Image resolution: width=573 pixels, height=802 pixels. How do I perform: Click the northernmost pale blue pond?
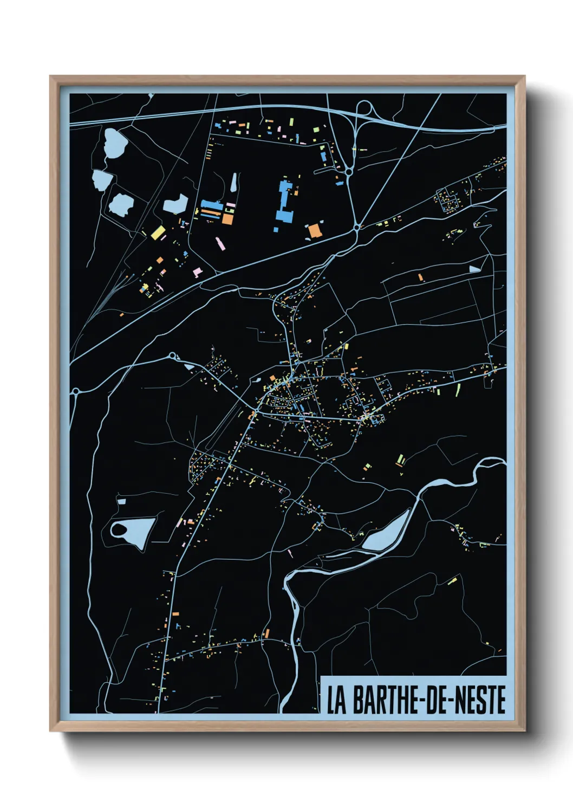point(115,143)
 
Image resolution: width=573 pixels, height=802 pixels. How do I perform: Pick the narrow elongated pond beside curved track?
point(234,183)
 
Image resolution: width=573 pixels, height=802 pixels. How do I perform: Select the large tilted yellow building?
point(158,233)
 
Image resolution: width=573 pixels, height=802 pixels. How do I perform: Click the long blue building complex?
point(285,202)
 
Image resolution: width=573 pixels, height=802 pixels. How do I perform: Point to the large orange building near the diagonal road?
point(315,230)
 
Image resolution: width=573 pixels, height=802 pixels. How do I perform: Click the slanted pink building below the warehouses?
point(220,243)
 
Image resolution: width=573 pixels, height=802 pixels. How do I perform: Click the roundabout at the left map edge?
point(76,391)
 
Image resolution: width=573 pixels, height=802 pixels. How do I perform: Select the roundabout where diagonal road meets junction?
point(357,228)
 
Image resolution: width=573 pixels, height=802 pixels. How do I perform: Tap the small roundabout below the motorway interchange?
point(349,172)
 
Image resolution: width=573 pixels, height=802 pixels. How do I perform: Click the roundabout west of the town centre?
point(173,355)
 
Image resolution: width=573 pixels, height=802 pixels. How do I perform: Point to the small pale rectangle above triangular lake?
point(121,501)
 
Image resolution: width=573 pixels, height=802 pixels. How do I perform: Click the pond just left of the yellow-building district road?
point(175,204)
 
